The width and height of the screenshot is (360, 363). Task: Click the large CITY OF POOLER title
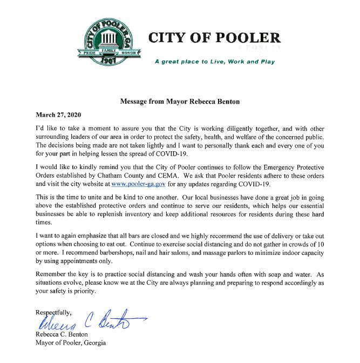point(214,39)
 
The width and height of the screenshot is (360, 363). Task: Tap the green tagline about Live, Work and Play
point(214,62)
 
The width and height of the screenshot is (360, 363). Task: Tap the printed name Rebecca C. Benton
point(60,334)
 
